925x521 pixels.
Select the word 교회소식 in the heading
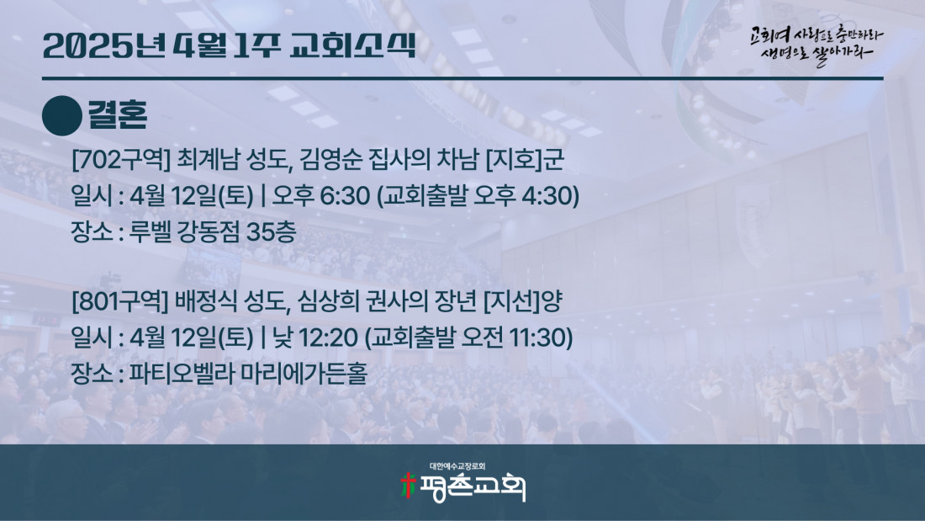(353, 45)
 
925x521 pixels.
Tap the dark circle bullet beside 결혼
(62, 116)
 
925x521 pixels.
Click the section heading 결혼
(118, 114)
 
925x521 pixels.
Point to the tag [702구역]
(121, 160)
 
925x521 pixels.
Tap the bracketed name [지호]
(513, 160)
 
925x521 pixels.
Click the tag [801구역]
(120, 302)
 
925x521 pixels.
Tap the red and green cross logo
(408, 485)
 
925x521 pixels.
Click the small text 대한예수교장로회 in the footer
(457, 466)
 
